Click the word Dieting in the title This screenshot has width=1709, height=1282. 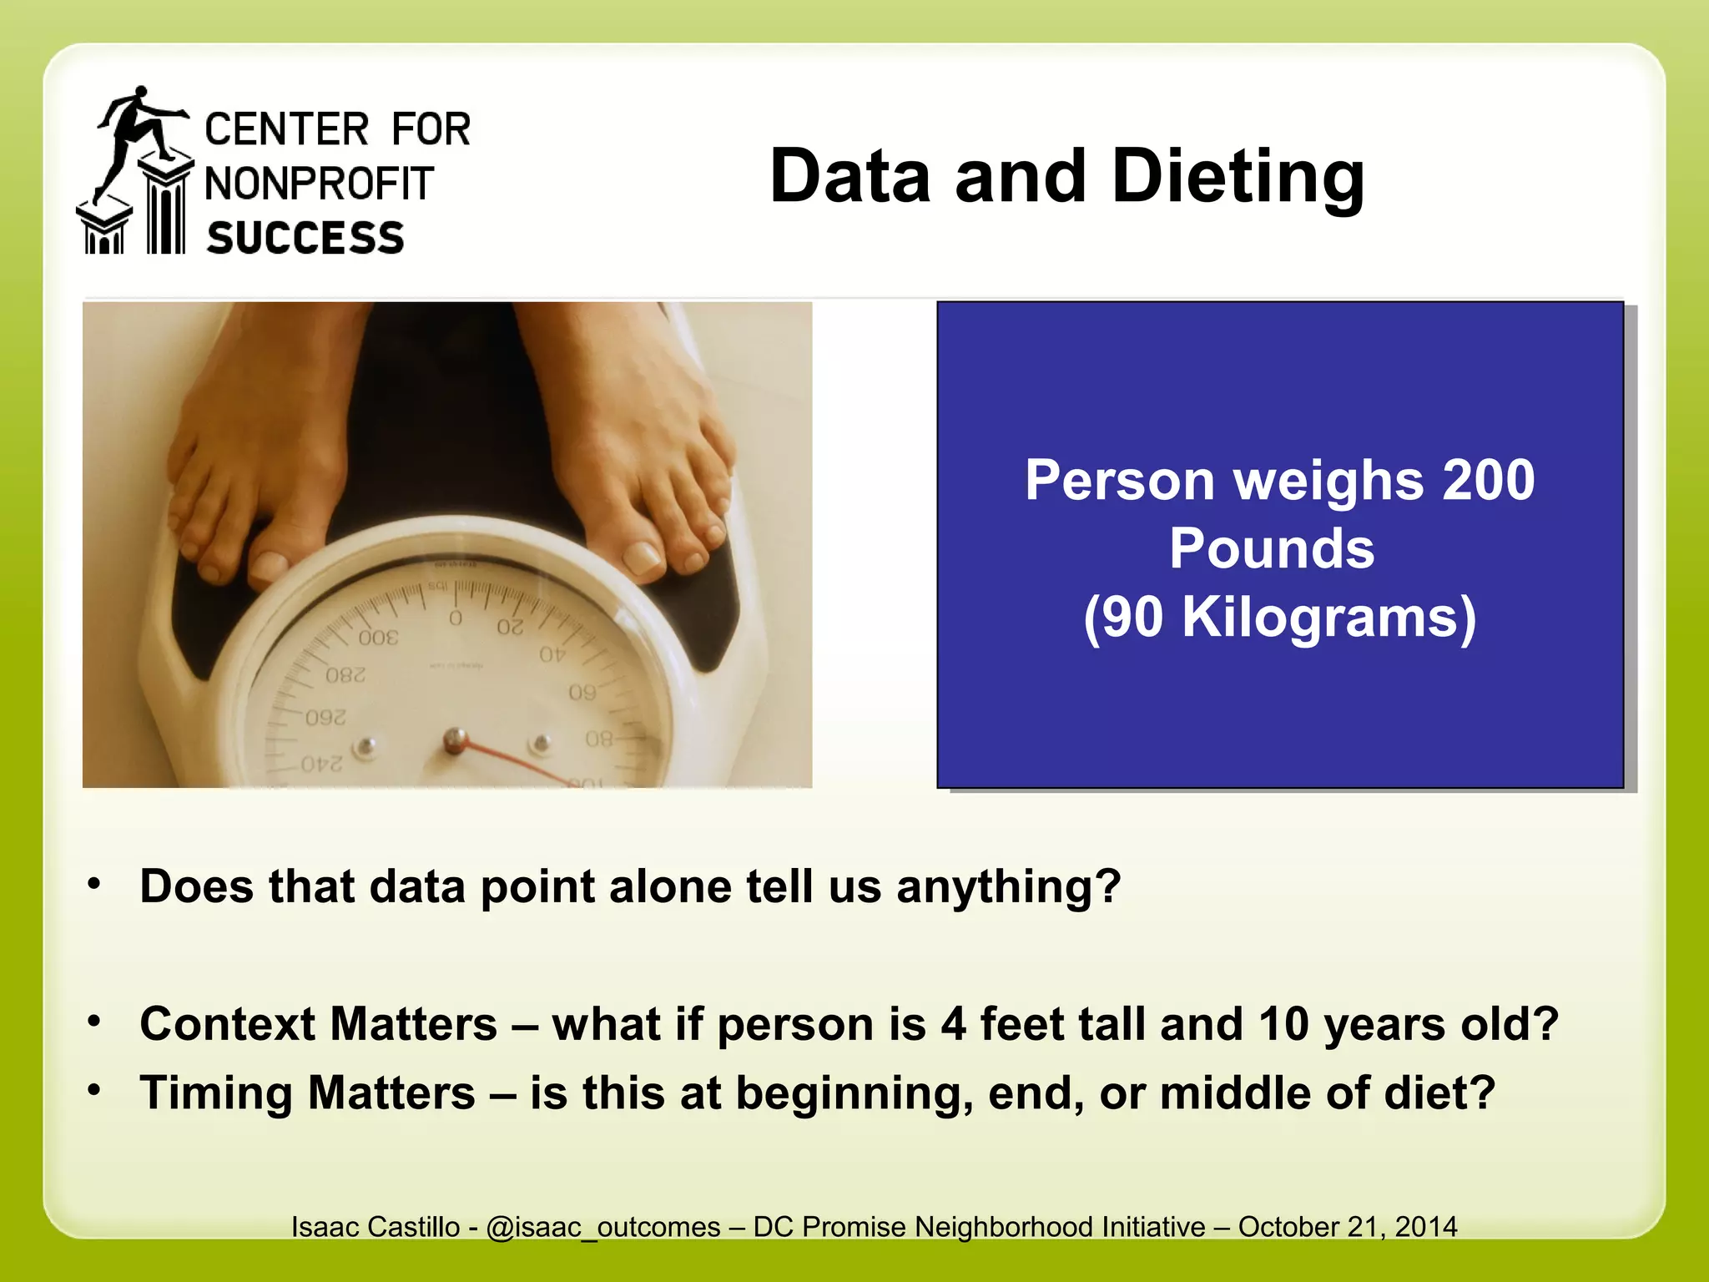coord(1238,177)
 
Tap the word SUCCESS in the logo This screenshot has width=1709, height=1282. coord(305,238)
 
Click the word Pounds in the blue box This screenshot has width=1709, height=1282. coord(1272,549)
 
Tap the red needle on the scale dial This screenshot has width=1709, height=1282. coord(517,761)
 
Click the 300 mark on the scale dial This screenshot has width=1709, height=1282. coord(378,638)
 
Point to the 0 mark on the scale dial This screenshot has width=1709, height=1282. coord(456,618)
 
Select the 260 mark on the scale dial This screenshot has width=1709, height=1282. coord(325,718)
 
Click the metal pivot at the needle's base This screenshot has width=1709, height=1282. coord(455,739)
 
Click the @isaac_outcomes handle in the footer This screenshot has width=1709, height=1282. coord(602,1227)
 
